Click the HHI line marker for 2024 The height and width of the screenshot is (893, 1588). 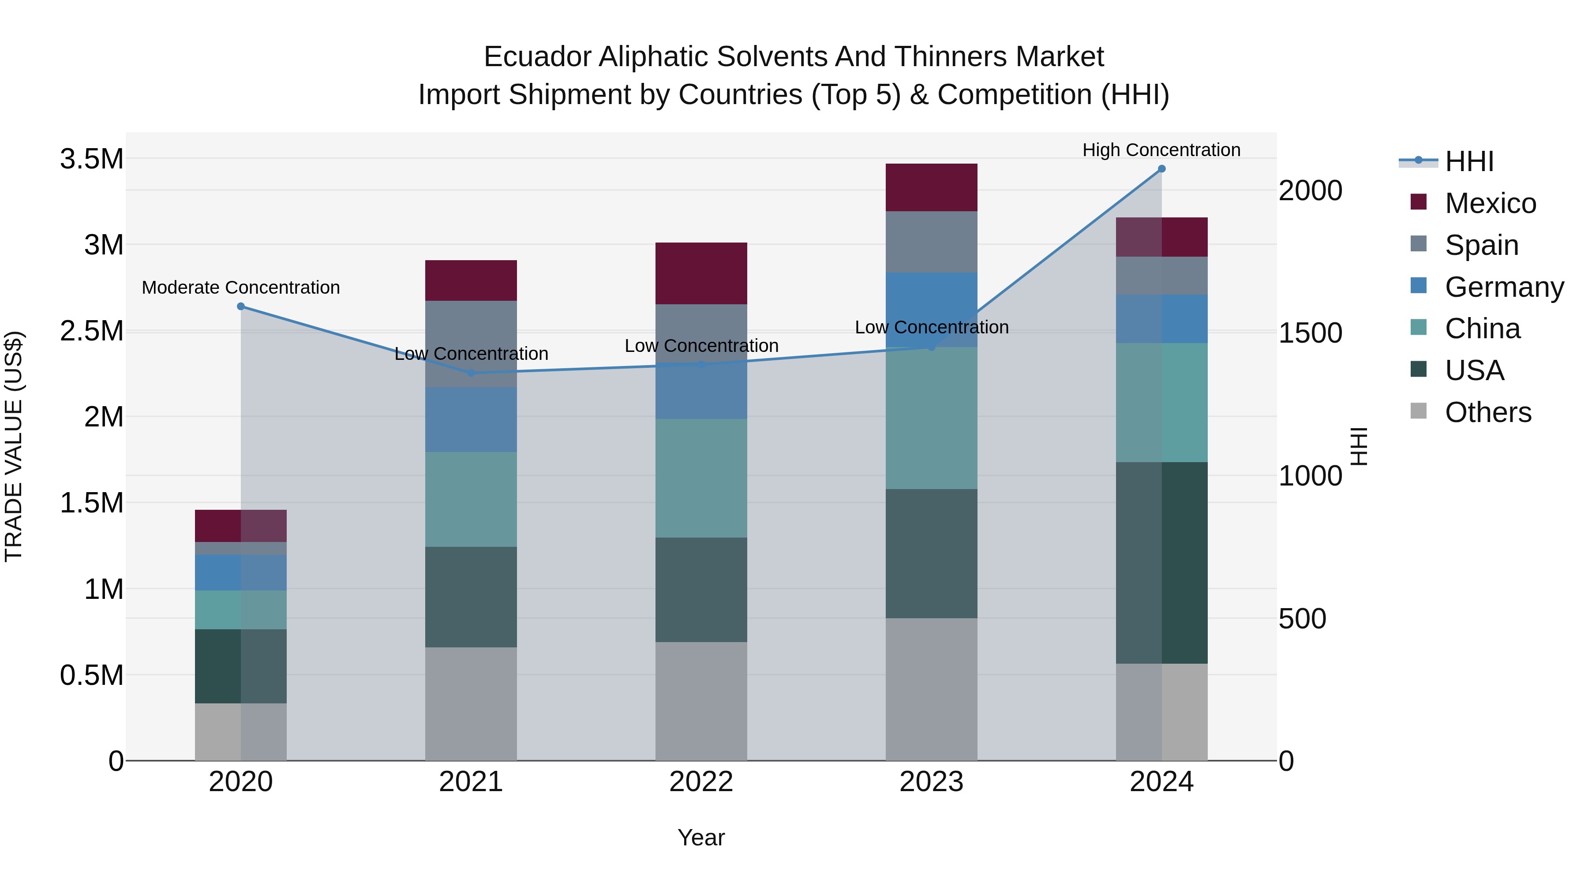tap(1161, 169)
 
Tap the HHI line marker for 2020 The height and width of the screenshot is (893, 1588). tap(241, 306)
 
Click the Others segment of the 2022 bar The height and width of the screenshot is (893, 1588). tap(701, 701)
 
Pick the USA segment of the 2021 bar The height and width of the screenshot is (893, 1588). tap(471, 597)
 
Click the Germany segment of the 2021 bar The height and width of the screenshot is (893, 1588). tap(471, 420)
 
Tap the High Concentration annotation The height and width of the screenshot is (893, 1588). tap(1161, 150)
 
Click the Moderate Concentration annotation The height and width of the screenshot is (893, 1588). tap(241, 288)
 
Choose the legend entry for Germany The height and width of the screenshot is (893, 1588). tap(1504, 287)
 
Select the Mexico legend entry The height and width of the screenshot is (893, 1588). tap(1490, 203)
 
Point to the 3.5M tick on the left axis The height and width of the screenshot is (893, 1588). tap(91, 160)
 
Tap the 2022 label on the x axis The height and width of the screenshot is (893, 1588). tap(701, 782)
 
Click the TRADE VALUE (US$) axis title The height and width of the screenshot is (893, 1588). tap(14, 446)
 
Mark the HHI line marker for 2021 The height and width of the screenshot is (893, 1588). tap(471, 373)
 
